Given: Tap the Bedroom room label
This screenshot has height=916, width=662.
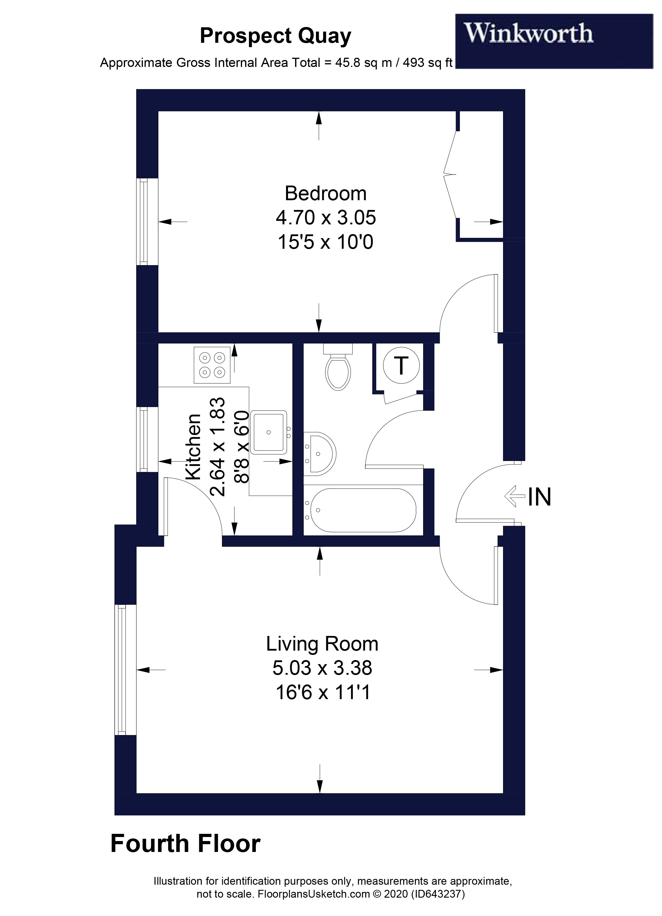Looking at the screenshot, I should point(325,194).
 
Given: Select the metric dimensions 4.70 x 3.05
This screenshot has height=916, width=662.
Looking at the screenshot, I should point(325,218).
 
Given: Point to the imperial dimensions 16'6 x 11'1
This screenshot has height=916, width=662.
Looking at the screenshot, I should point(323,693).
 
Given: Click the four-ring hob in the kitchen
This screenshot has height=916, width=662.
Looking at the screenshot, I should point(212,365).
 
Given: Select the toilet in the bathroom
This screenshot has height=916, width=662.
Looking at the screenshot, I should point(338,369).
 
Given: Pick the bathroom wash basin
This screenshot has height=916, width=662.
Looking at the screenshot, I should point(320,453).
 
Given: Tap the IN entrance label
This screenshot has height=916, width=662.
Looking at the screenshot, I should point(539,497).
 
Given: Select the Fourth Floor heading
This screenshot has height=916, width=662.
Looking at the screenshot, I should point(185,844).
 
